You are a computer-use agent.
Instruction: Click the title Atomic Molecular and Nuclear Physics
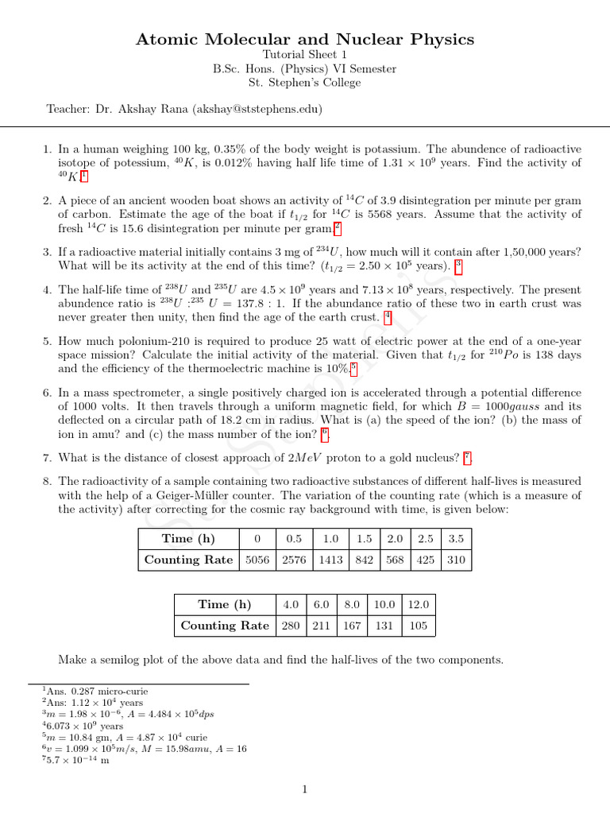pos(305,39)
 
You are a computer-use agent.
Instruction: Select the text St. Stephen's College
pos(305,83)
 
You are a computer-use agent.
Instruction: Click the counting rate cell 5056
pos(258,560)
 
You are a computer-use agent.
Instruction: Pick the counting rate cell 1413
pos(330,560)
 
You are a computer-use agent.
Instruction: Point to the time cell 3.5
pos(456,539)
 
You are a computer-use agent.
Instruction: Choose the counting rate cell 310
pos(456,560)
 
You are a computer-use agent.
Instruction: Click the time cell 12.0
pos(418,604)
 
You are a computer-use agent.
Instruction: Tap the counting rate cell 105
pos(418,626)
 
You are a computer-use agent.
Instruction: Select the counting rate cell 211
pos(321,626)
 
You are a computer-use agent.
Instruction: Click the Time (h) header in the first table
pos(188,539)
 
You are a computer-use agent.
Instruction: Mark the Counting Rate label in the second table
pos(225,626)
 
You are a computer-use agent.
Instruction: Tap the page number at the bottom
pos(305,789)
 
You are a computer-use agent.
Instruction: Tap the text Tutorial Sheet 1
pos(305,55)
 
